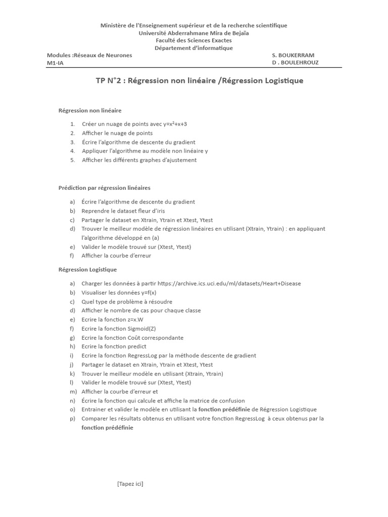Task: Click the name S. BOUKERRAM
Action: tap(293, 55)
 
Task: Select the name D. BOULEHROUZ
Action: tap(295, 63)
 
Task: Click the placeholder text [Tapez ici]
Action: tap(130, 484)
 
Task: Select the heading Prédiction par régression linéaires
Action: tap(105, 188)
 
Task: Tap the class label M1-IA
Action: tap(55, 63)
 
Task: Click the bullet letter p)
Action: tap(73, 419)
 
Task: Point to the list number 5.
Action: tap(73, 160)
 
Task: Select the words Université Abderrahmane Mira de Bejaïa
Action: tap(193, 33)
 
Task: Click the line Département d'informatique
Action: tap(193, 48)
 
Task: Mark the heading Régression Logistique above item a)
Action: tap(88, 270)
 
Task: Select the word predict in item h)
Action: tap(137, 346)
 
